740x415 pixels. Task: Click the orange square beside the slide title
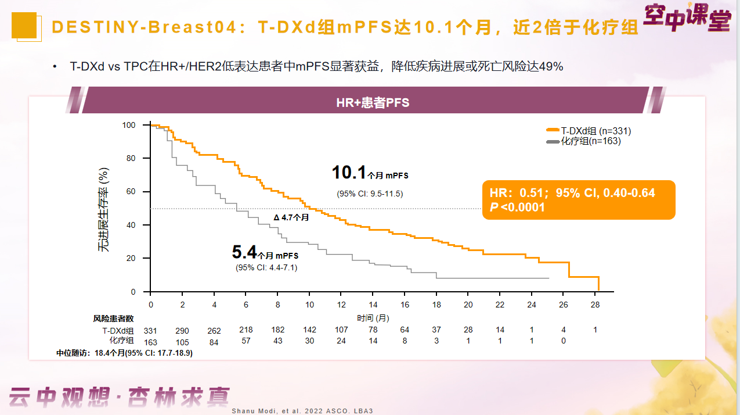[24, 26]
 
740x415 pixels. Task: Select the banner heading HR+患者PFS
[373, 103]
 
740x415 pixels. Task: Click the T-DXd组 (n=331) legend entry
[588, 131]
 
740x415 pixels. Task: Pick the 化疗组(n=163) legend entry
[583, 141]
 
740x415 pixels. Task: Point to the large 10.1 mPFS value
[349, 173]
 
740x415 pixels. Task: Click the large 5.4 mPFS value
[244, 252]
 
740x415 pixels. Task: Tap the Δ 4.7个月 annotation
[291, 217]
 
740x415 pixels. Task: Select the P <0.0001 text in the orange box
[518, 207]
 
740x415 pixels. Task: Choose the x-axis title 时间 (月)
[373, 318]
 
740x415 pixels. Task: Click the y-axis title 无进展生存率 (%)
[103, 209]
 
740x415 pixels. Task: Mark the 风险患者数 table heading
[114, 319]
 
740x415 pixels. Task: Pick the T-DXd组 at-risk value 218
[246, 330]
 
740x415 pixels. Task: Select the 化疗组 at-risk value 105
[182, 342]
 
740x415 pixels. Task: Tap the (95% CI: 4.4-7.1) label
[267, 267]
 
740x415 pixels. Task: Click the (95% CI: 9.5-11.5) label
[370, 194]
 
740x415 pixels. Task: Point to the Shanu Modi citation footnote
[302, 411]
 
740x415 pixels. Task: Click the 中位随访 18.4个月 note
[124, 353]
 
